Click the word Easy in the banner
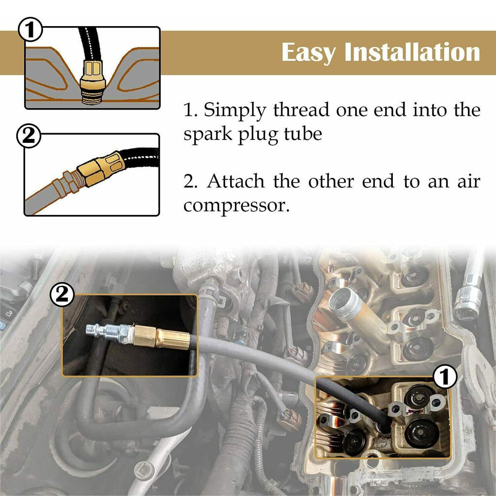click(309, 52)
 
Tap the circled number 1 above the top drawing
click(31, 30)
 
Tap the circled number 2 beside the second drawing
click(29, 136)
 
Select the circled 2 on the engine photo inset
click(62, 294)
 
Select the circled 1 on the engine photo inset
click(445, 376)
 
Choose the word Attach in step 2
click(236, 181)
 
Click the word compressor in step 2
click(236, 206)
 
